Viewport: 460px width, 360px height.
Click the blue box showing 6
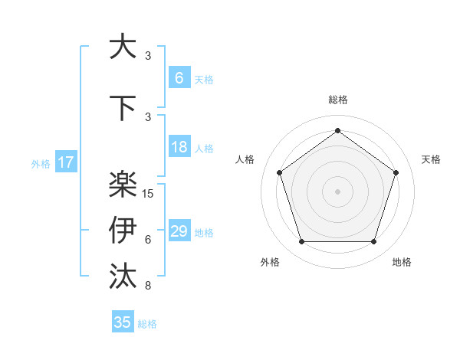(x=179, y=77)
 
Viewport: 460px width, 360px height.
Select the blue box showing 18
(x=179, y=147)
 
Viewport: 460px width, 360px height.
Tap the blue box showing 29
(x=179, y=231)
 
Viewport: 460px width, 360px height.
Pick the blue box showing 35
(x=123, y=322)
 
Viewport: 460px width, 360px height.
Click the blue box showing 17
(x=65, y=162)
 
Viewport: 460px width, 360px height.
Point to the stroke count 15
(x=149, y=194)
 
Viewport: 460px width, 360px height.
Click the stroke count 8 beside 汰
(x=148, y=286)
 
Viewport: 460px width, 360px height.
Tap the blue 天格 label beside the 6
(x=204, y=79)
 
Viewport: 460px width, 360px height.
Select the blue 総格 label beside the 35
(x=147, y=324)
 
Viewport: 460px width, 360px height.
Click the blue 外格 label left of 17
(x=41, y=163)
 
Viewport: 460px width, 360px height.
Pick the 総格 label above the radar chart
(x=337, y=100)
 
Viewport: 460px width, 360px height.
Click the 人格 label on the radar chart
(x=245, y=159)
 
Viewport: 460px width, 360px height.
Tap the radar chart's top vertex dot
(x=337, y=130)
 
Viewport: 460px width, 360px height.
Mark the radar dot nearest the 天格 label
(x=396, y=172)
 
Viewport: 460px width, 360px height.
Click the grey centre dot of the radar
(x=337, y=191)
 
